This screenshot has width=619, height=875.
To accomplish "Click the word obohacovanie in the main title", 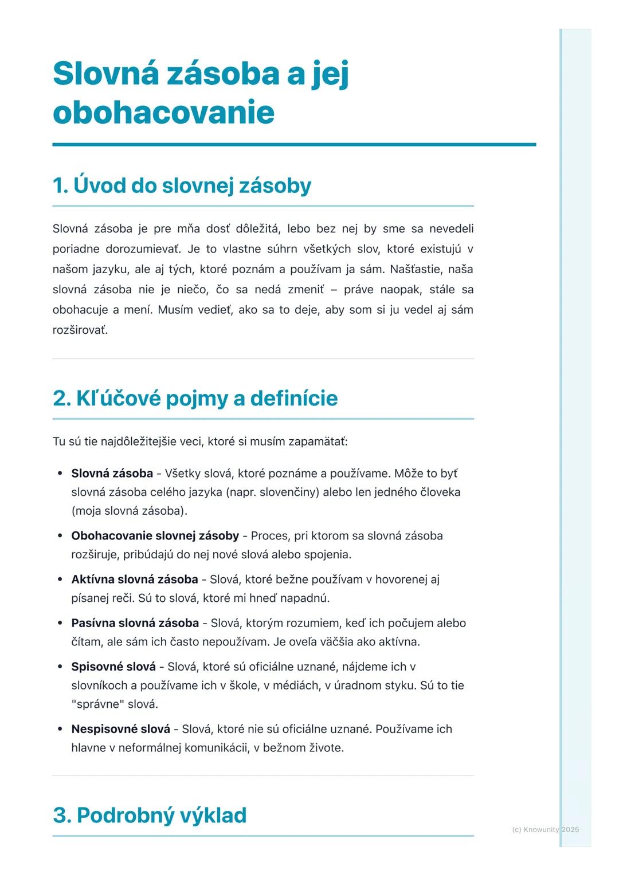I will [163, 112].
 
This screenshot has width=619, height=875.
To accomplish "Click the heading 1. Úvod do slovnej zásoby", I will [182, 186].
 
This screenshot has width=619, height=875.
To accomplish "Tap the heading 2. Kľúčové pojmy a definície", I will [195, 398].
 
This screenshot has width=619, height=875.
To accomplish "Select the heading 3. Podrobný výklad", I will [150, 815].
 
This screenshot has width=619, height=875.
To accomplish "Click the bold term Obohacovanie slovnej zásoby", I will [155, 535].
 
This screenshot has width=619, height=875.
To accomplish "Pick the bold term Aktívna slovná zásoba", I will [135, 579].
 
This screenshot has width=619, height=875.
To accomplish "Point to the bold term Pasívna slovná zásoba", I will [135, 622].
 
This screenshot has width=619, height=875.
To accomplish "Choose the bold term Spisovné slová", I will [113, 666].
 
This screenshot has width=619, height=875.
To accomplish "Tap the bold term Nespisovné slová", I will [120, 729].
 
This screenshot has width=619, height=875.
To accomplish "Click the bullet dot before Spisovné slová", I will [60, 667].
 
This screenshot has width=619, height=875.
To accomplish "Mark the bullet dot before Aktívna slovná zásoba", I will [60, 580].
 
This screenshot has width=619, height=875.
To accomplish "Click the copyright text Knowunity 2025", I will [545, 829].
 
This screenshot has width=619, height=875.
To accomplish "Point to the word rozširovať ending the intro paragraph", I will [80, 330].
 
